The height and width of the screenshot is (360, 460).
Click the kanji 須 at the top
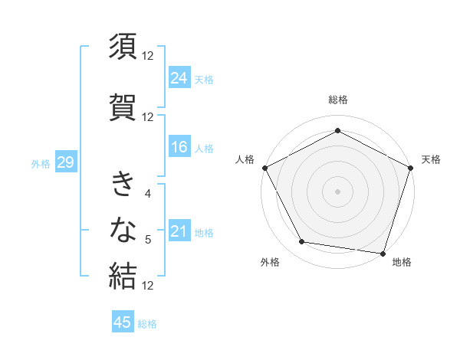(123, 47)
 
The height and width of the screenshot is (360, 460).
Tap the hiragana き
(123, 185)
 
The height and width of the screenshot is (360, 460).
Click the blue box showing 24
(179, 77)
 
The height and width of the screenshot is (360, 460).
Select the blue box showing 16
(179, 147)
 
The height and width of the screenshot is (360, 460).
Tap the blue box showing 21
(179, 231)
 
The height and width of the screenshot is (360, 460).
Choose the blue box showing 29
(65, 162)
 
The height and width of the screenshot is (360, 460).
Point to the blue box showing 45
(123, 322)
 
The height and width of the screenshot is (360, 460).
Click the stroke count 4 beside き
(148, 194)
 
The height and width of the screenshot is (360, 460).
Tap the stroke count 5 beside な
(148, 240)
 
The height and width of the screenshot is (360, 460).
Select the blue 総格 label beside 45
(147, 324)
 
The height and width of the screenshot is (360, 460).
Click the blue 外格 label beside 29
(41, 163)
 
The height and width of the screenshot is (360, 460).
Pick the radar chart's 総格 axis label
(337, 100)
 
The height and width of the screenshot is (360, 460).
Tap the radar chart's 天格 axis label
(431, 159)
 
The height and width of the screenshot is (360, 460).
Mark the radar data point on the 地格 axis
(383, 253)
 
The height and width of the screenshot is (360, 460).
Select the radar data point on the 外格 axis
(302, 242)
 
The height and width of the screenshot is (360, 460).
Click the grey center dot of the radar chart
(337, 191)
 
